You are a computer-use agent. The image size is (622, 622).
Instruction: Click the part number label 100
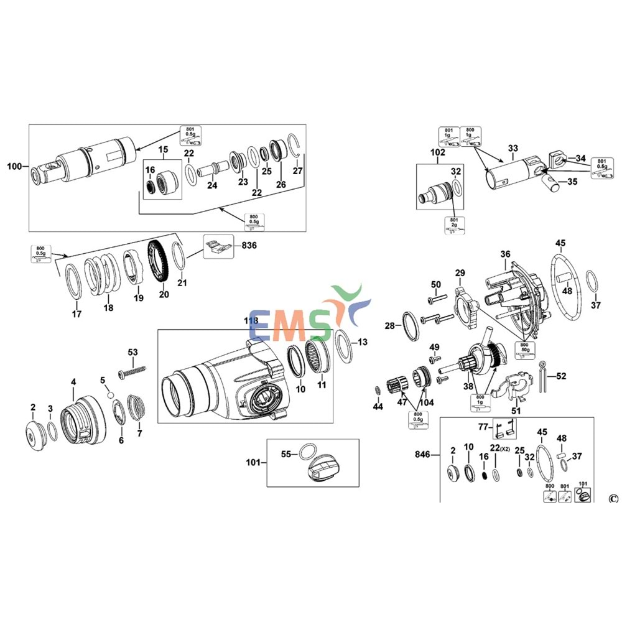(14, 166)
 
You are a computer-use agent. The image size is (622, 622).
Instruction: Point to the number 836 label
(249, 245)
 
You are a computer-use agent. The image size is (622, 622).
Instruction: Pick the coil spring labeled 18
(102, 269)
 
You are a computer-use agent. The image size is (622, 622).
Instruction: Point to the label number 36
(504, 254)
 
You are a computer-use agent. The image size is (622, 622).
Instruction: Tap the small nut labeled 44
(377, 390)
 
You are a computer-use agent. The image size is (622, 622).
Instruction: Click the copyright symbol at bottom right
(613, 498)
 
